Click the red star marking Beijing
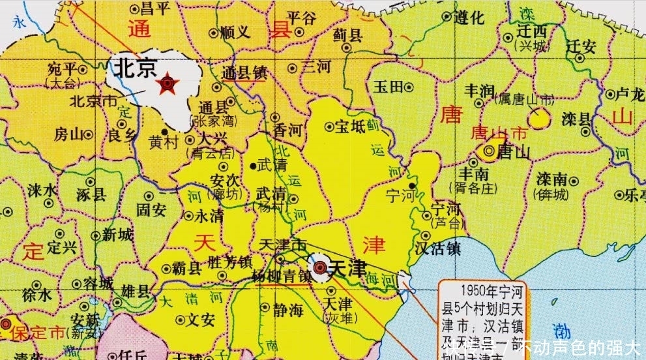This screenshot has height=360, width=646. coord(169,83)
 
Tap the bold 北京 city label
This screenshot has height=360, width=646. coord(136,69)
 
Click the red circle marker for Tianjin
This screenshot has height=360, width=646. coord(319,268)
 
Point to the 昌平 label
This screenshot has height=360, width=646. coord(156,8)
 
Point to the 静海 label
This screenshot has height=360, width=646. coord(287,310)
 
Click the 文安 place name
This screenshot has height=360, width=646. coord(201,320)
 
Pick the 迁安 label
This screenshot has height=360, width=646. coord(580,46)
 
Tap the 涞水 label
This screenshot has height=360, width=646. coord(44,190)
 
